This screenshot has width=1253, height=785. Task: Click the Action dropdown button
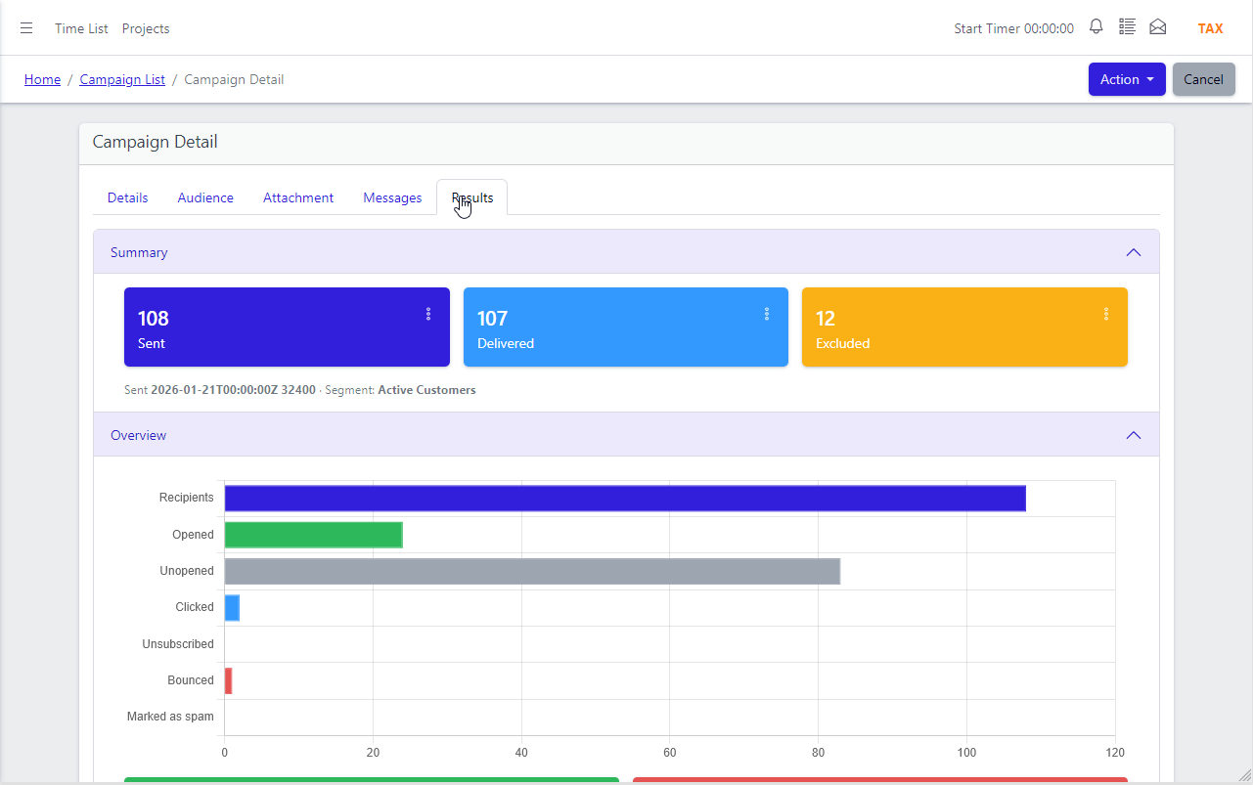pyautogui.click(x=1127, y=79)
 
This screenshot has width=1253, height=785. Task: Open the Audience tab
pyautogui.click(x=205, y=197)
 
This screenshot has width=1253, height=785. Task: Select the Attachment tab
pyautogui.click(x=298, y=197)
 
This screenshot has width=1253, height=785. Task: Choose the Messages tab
pyautogui.click(x=392, y=197)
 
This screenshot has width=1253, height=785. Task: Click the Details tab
pyautogui.click(x=127, y=197)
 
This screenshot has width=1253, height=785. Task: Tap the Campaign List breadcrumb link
pyautogui.click(x=122, y=79)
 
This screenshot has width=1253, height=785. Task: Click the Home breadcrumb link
pyautogui.click(x=42, y=79)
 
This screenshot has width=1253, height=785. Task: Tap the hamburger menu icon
pyautogui.click(x=26, y=28)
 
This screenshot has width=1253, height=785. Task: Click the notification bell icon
pyautogui.click(x=1096, y=26)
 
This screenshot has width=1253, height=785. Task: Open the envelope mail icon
pyautogui.click(x=1157, y=26)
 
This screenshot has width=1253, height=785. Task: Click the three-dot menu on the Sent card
pyautogui.click(x=428, y=314)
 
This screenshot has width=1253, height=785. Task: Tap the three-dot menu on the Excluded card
pyautogui.click(x=1106, y=314)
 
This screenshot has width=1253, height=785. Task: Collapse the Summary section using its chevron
pyautogui.click(x=1134, y=252)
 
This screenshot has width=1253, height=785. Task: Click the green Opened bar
pyautogui.click(x=313, y=535)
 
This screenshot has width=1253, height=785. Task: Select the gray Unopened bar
pyautogui.click(x=532, y=572)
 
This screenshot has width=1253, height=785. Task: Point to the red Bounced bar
pyautogui.click(x=228, y=681)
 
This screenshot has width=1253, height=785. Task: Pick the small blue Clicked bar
pyautogui.click(x=232, y=608)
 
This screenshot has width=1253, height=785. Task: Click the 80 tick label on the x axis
pyautogui.click(x=818, y=753)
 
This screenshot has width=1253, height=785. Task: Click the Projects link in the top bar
pyautogui.click(x=146, y=28)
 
